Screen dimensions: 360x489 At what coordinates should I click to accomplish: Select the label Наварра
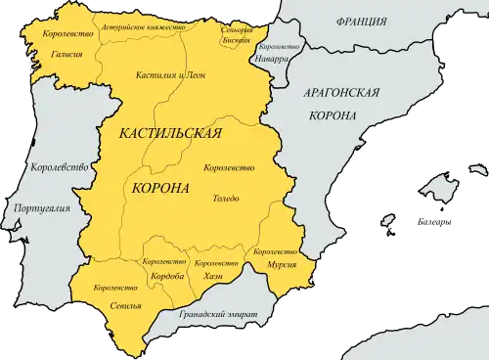[270, 59]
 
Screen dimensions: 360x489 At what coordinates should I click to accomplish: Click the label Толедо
[225, 199]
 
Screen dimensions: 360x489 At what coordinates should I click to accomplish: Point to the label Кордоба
[162, 276]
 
